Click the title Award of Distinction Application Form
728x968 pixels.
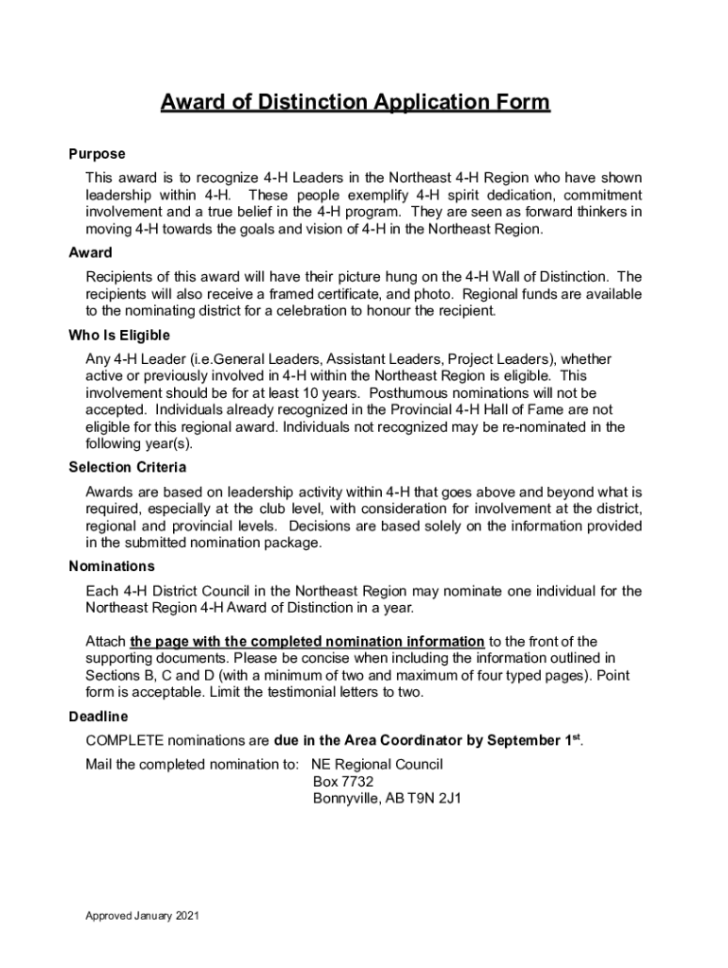coord(354,102)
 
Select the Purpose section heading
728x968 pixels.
coord(96,154)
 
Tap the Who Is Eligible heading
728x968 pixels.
coord(119,336)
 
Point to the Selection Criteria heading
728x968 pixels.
coord(128,467)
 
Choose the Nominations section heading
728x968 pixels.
coord(112,566)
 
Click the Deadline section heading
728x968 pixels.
coord(98,717)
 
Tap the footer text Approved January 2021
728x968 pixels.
coord(142,916)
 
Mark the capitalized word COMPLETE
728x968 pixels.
coord(124,739)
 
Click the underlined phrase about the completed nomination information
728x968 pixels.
coord(307,641)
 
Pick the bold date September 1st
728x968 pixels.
coord(524,739)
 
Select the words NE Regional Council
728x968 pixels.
coord(376,764)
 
